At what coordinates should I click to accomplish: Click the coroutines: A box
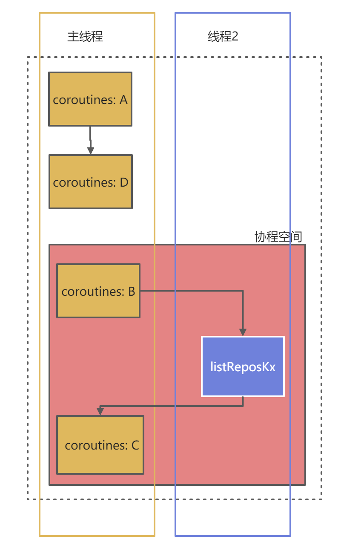coord(90,99)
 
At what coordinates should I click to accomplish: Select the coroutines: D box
coord(91,182)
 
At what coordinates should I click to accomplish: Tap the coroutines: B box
coord(98,291)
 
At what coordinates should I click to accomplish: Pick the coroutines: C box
coord(100,445)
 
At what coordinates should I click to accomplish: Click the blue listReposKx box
coord(243,366)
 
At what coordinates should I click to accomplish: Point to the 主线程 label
coord(85,37)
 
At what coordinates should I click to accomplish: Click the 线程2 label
coord(223,37)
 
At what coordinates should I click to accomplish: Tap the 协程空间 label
coord(278,237)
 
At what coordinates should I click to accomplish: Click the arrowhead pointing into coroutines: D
coord(91,150)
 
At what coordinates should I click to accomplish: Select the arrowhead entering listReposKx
coord(243,332)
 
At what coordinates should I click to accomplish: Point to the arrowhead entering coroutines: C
coord(100,412)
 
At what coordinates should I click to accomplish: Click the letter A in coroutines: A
coord(123,100)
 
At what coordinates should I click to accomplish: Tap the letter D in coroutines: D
coord(124,182)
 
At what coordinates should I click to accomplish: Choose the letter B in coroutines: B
coord(132,291)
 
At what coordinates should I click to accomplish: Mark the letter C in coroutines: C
coord(135,445)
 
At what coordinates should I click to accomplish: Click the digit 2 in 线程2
coord(235,37)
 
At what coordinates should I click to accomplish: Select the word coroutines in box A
coord(84,100)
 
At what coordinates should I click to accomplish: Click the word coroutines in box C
coord(96,445)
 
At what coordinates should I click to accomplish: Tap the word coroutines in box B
coord(93,291)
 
